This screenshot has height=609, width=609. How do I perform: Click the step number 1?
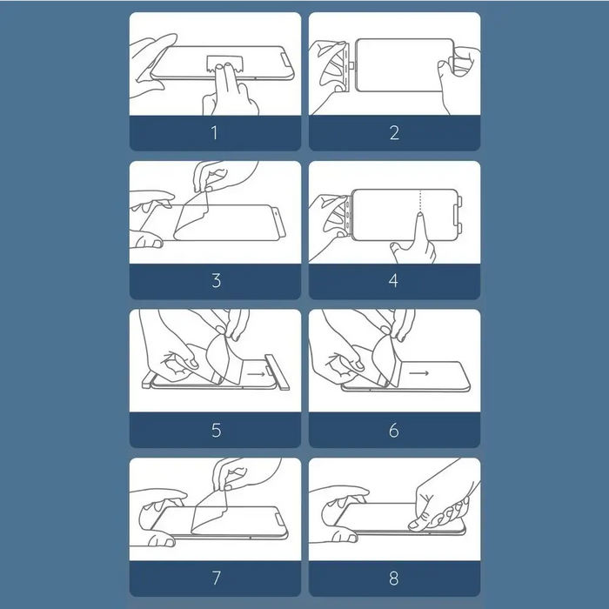(215, 133)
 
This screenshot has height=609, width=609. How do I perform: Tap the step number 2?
(394, 133)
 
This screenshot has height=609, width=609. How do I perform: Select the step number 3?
(217, 280)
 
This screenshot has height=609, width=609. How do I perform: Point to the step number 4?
(393, 280)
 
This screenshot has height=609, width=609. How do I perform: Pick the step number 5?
(217, 431)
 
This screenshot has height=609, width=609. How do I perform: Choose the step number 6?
(394, 431)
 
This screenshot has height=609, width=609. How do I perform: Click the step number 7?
(217, 578)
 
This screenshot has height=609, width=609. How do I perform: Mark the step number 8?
(394, 578)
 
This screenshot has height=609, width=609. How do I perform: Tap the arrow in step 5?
(257, 374)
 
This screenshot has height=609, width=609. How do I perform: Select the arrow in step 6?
(418, 373)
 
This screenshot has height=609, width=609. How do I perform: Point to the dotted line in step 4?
(420, 201)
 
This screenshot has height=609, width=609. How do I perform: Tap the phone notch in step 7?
(280, 521)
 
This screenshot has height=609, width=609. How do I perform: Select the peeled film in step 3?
(192, 217)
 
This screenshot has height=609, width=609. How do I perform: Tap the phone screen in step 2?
(404, 65)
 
